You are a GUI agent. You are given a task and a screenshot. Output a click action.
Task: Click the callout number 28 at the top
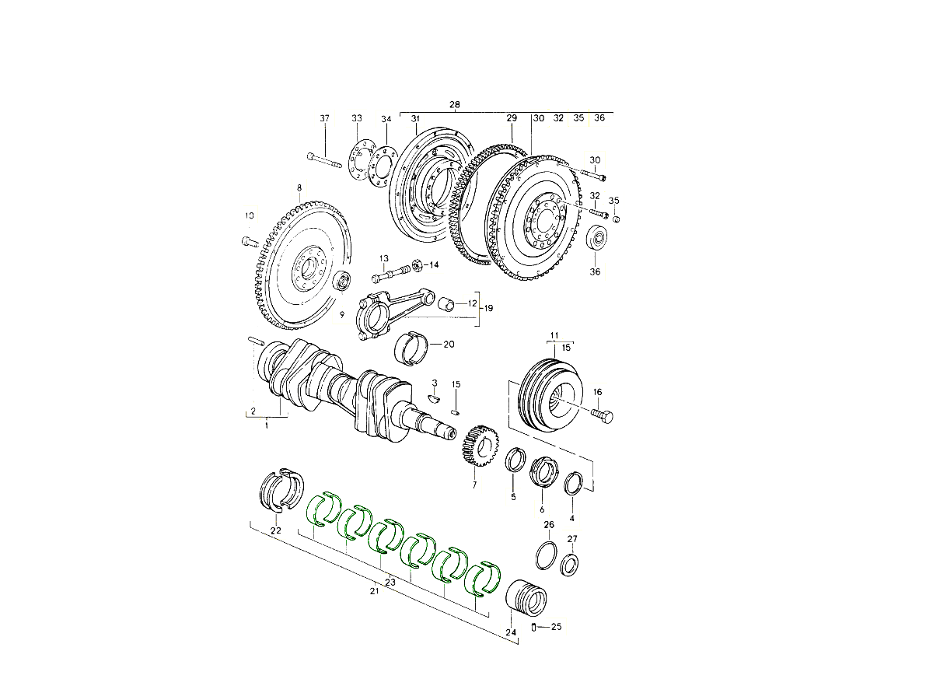455,104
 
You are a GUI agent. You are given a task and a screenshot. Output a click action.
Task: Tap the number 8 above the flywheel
299,188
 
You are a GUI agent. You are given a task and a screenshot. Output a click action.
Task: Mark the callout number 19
489,308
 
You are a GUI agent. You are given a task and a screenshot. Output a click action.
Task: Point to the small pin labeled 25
534,627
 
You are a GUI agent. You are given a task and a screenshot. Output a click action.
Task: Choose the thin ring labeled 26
547,554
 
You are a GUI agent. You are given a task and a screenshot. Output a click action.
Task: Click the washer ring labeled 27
570,563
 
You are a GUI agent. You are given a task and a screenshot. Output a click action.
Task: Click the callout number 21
374,592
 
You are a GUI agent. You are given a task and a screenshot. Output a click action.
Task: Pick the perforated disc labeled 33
357,160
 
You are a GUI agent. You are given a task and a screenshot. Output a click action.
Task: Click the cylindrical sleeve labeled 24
526,598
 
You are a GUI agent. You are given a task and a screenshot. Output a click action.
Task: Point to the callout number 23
390,582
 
